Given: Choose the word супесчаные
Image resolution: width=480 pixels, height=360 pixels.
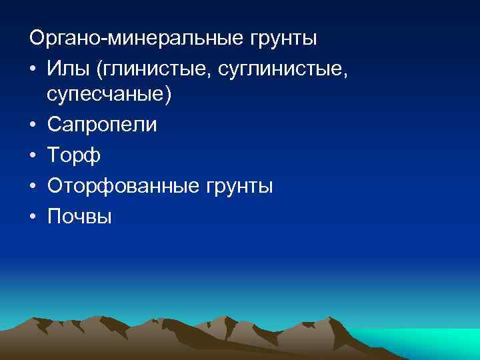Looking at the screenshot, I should [106, 95].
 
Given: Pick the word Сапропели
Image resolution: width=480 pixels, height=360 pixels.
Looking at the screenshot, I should [103, 125].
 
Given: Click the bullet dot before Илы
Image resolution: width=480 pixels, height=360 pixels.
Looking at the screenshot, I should [33, 67].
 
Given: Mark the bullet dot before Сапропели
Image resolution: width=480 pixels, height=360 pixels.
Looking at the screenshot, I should [33, 125].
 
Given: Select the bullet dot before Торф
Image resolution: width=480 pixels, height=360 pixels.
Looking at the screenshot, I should [33, 155].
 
